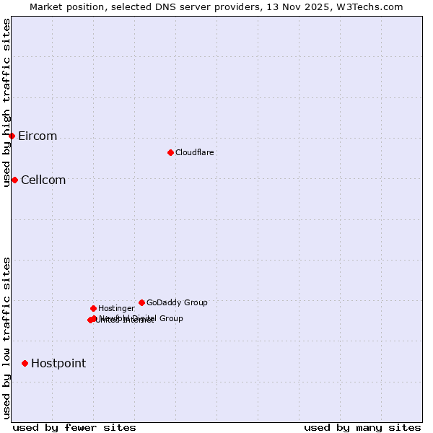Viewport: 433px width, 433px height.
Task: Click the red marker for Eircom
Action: pos(12,136)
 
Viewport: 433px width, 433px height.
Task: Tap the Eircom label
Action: pos(38,136)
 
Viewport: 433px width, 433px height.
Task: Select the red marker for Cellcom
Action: pos(14,180)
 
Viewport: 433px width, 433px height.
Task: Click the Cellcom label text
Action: pos(43,180)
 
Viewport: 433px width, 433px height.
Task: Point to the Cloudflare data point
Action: pos(170,152)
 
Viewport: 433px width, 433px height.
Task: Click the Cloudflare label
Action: pos(194,152)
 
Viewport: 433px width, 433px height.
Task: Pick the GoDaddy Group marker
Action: pos(141,302)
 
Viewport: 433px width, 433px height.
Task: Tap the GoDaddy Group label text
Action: pos(177,302)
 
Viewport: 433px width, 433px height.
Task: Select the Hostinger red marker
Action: pos(93,308)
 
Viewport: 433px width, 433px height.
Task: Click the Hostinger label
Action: pos(116,308)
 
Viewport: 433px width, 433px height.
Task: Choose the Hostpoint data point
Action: pos(25,363)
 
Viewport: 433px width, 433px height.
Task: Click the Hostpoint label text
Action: pos(58,364)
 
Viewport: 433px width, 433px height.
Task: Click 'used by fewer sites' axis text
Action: pos(74,427)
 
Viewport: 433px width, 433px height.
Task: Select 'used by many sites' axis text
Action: pos(362,427)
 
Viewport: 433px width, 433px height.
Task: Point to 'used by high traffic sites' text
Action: pos(6,102)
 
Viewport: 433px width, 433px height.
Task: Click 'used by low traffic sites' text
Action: pos(6,338)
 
